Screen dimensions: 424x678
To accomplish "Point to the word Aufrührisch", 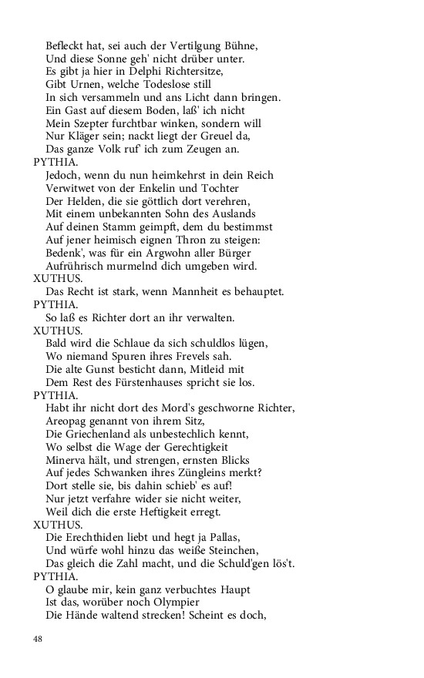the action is click(x=79, y=267).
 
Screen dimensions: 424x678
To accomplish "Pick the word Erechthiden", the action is click(x=100, y=539).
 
